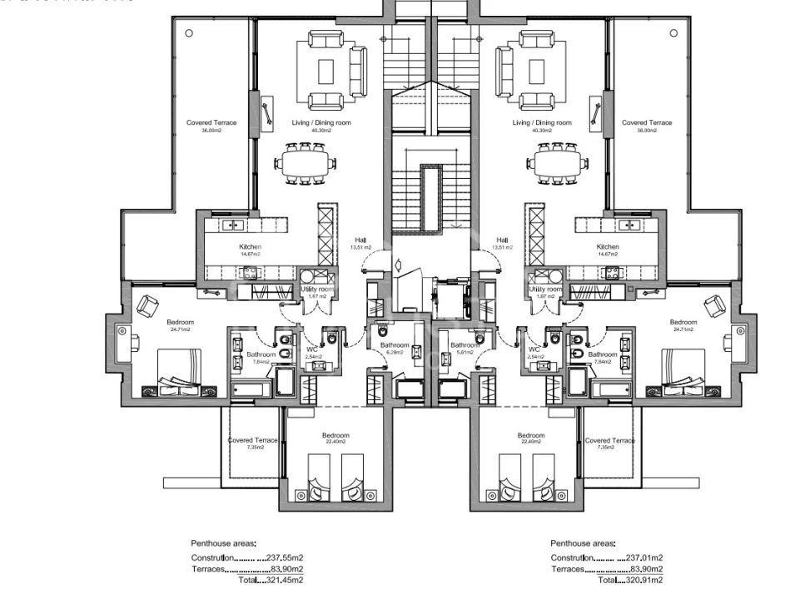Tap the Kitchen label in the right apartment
point(608,248)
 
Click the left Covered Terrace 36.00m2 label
point(211,123)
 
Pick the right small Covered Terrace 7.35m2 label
point(609,441)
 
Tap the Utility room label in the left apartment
point(316,290)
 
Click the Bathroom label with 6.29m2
point(395,346)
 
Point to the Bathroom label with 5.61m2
point(464,346)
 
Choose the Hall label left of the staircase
point(361,240)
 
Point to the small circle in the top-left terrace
point(189,33)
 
